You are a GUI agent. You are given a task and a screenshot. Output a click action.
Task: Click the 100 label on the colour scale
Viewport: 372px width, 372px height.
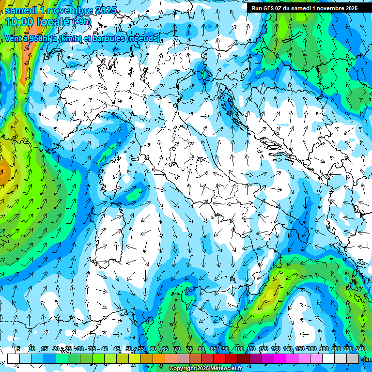point(239,349)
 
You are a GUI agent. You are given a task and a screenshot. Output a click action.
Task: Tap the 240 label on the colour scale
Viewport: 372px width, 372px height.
point(360,349)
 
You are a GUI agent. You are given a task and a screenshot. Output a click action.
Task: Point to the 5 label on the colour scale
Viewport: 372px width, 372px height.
point(18,349)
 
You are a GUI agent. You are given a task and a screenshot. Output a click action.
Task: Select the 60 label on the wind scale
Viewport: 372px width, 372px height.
point(153,349)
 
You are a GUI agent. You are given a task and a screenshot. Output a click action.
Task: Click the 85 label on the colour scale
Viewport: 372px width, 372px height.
point(214,349)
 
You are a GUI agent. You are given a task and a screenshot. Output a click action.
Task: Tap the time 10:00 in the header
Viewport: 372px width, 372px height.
point(20,22)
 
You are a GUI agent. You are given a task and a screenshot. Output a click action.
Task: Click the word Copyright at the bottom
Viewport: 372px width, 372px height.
point(182,369)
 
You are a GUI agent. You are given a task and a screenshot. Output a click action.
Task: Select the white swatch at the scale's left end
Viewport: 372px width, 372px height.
point(14,358)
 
